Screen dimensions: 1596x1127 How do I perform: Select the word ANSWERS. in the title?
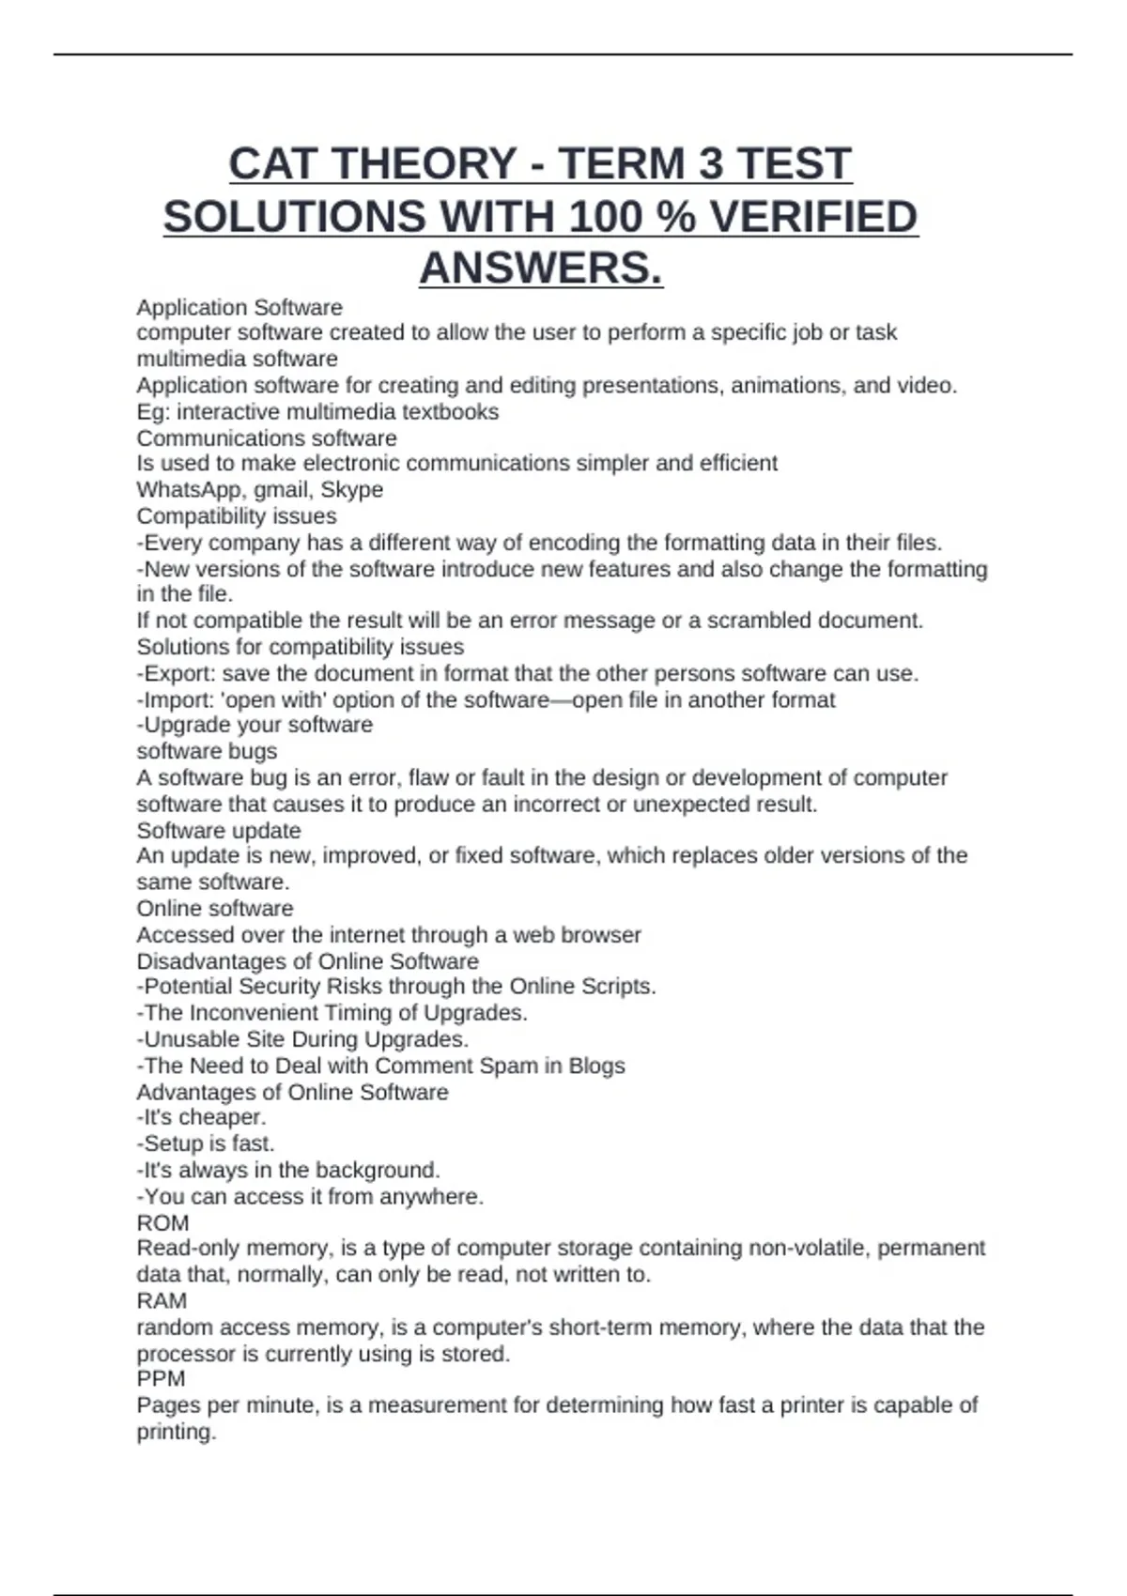coord(541,269)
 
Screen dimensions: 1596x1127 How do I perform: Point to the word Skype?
coord(352,490)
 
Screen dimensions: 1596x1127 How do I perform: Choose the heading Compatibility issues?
coord(237,516)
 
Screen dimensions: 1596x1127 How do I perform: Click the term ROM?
coord(162,1223)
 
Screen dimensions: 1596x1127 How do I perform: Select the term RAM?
coord(162,1301)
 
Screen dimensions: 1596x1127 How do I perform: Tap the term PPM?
coord(161,1379)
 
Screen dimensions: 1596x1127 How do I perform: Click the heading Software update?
coord(219,831)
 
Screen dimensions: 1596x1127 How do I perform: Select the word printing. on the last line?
coord(177,1433)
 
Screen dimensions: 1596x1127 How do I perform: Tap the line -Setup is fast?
coord(206,1144)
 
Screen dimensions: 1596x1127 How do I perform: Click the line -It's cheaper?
coord(202,1117)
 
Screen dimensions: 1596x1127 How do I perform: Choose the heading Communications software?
coord(267,438)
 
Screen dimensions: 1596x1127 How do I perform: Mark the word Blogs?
coord(596,1067)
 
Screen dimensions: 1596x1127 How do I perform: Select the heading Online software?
coord(215,909)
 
